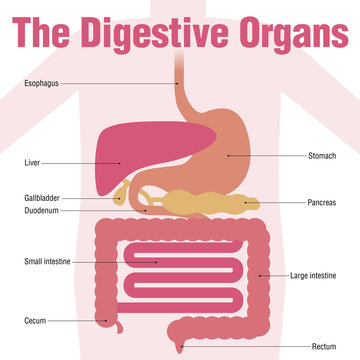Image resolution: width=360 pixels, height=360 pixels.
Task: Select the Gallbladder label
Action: pyautogui.click(x=41, y=199)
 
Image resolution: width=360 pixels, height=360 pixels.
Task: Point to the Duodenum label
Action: pyautogui.click(x=41, y=211)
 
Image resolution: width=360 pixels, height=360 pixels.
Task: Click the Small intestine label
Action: pyautogui.click(x=46, y=262)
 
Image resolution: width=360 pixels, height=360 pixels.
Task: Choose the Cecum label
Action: pyautogui.click(x=35, y=321)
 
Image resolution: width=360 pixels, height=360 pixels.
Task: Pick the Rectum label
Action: pyautogui.click(x=324, y=346)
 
